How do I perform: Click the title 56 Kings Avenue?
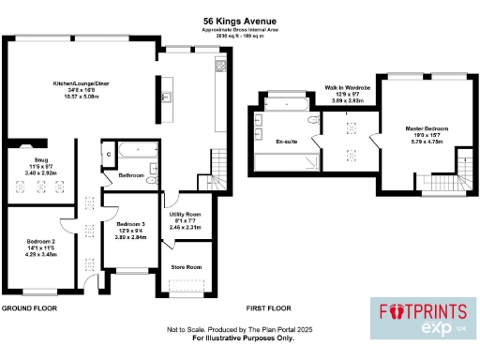[240, 20]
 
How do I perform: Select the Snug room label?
[32, 168]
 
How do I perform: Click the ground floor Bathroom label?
[131, 175]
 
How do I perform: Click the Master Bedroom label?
[426, 128]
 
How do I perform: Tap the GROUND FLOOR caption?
[31, 307]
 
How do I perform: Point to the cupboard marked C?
[110, 154]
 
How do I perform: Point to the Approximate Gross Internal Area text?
[239, 30]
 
